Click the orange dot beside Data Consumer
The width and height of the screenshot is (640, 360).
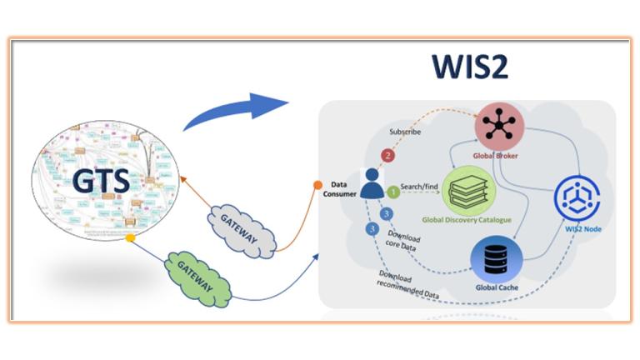tap(317, 184)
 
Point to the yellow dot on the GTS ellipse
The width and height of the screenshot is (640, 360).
tap(130, 238)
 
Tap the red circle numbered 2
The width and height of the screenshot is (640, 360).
tap(386, 155)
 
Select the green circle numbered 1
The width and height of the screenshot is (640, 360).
tap(392, 192)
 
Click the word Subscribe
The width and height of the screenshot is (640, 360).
tap(405, 132)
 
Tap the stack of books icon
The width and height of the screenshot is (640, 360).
tap(467, 190)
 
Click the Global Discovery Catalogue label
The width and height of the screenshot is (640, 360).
tap(467, 221)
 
